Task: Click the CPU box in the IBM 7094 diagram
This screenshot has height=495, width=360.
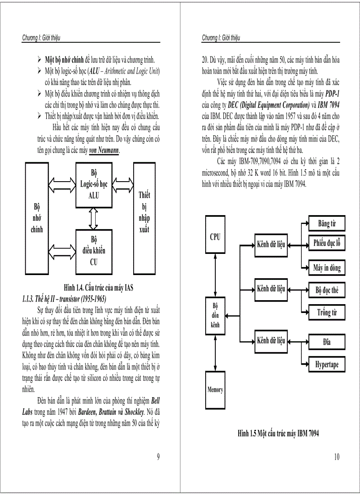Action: tap(215, 237)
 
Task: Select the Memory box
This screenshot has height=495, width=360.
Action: tap(215, 389)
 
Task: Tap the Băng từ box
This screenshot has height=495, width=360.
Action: tap(326, 223)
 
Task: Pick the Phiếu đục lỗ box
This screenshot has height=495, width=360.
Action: tap(326, 242)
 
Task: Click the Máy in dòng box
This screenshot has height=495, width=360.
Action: tap(326, 268)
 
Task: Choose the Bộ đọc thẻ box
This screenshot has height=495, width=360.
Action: tap(326, 290)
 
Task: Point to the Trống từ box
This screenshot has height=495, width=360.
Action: tap(326, 313)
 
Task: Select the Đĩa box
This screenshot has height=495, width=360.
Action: tap(326, 342)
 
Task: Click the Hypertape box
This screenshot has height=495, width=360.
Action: tap(326, 365)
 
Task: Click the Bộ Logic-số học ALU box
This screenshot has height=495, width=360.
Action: tap(94, 185)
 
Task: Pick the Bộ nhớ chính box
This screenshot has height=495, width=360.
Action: tap(37, 218)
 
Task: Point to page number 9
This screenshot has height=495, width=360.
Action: tap(158, 457)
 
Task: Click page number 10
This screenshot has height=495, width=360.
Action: tap(337, 457)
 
